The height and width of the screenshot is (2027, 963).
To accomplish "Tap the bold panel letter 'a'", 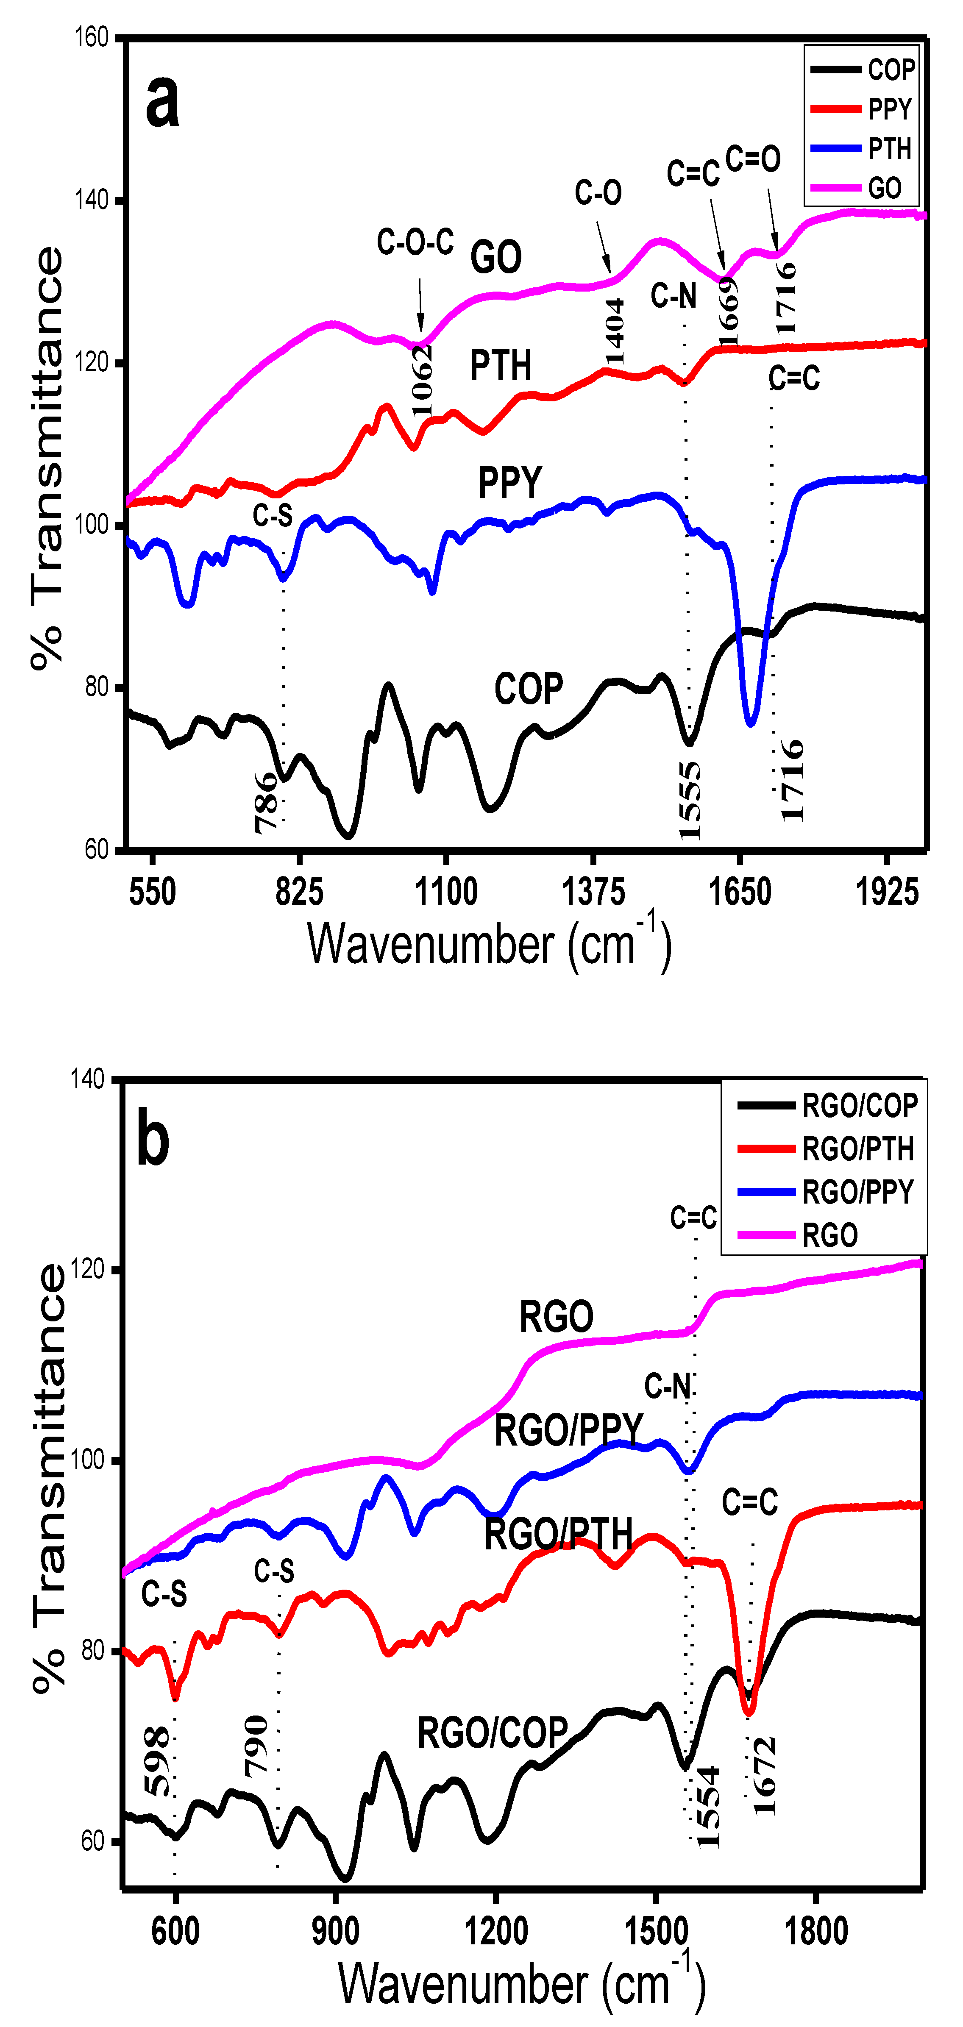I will coord(163,103).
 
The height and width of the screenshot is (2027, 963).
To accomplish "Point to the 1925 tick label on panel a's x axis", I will coord(887,893).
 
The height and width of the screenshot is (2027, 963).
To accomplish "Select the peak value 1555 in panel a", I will coord(689,801).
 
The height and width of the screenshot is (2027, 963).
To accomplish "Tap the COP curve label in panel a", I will coord(528,690).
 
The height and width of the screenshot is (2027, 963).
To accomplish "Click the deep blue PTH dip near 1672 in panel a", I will coord(751,720).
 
